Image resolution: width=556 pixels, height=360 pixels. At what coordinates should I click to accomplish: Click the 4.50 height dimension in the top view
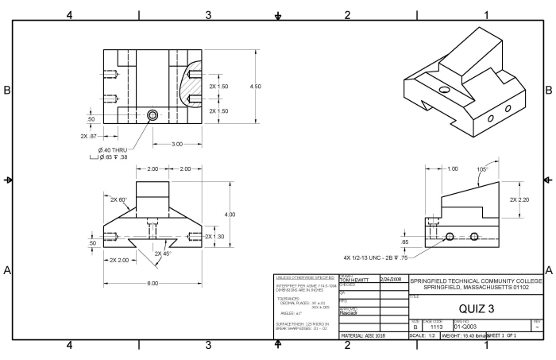point(256,86)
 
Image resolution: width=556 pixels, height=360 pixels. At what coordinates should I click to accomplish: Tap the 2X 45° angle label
point(164,254)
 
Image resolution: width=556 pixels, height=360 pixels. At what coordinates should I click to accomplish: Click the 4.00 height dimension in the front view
point(230,215)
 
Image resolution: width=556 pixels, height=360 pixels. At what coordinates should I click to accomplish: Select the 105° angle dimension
point(481,170)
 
